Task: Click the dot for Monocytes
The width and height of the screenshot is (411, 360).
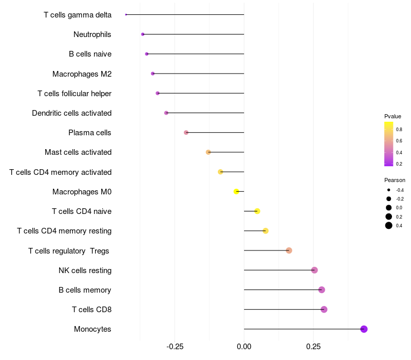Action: point(364,329)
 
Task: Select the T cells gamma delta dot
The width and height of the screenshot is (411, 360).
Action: point(126,14)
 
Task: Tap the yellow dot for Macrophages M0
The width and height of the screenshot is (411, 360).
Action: point(236,191)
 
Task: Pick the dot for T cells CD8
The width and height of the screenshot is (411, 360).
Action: point(324,310)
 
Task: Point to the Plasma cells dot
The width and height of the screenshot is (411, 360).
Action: point(186,133)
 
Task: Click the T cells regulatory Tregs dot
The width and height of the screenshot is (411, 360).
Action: point(289,250)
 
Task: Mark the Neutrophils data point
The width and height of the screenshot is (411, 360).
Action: point(143,34)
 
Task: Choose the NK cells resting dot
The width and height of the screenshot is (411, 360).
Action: point(314,270)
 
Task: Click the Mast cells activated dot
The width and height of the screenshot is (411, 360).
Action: point(208,152)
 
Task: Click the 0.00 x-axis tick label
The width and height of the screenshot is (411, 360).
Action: point(244,347)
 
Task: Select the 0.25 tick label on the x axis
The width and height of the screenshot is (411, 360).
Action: point(313,347)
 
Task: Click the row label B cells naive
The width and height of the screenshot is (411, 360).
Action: point(90,54)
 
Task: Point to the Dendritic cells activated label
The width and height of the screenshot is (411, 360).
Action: point(71,113)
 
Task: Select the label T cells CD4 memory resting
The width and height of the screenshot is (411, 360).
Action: point(64,231)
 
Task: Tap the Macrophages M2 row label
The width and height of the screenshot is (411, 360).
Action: point(82,74)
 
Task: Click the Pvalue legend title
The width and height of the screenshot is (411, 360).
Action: point(393,116)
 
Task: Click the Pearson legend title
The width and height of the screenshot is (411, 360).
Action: point(395,180)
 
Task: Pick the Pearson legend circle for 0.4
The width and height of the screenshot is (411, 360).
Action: point(389,225)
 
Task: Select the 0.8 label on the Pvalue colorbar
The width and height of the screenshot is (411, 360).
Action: point(399,130)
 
